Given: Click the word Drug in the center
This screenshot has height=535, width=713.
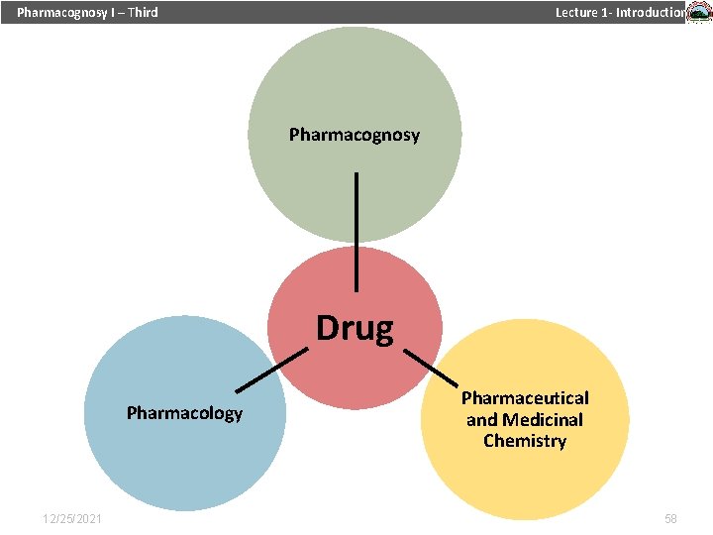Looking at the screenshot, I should click(355, 327).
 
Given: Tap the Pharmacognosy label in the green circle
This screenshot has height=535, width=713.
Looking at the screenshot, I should click(354, 134).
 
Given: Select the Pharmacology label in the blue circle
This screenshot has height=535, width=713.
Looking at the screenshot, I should click(184, 412).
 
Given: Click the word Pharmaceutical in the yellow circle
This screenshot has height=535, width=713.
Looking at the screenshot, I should click(525, 398).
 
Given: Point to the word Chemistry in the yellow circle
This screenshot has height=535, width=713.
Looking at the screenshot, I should click(525, 441).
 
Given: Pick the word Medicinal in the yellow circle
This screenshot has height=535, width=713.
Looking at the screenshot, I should click(542, 420).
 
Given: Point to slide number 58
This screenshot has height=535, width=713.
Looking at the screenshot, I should click(670, 519).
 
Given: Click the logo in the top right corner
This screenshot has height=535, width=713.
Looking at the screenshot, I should click(699, 13).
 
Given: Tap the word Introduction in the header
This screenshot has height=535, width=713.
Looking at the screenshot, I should click(650, 13).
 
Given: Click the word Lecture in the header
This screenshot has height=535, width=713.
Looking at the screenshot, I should click(576, 13).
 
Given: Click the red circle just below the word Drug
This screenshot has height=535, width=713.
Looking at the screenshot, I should click(355, 372).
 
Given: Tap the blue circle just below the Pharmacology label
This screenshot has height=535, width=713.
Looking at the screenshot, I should click(184, 456).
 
